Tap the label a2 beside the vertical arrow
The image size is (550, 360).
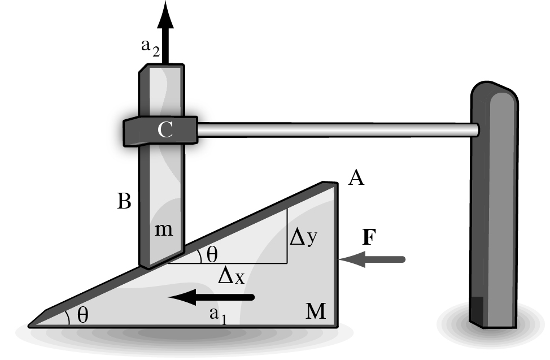150,47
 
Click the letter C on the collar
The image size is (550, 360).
165,129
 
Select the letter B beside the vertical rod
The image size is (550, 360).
124,201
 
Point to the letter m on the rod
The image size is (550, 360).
164,230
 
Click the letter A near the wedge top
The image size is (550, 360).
356,177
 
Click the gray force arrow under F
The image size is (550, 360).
372,259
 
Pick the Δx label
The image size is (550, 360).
231,275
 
